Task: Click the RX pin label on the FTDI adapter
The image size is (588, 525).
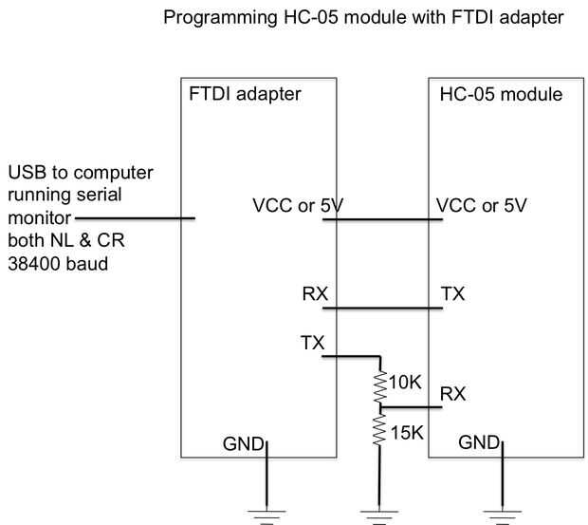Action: [x=315, y=293]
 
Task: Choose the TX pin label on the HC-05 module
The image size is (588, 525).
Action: [x=453, y=293]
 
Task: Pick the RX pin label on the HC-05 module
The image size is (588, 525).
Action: [x=453, y=393]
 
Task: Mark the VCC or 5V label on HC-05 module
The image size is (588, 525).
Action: [x=481, y=205]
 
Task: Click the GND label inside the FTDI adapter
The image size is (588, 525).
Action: [x=243, y=441]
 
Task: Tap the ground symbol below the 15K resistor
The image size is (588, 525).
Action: [x=379, y=515]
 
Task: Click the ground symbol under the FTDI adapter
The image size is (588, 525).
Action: [x=267, y=515]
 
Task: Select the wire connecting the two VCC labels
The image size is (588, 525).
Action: [x=382, y=220]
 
